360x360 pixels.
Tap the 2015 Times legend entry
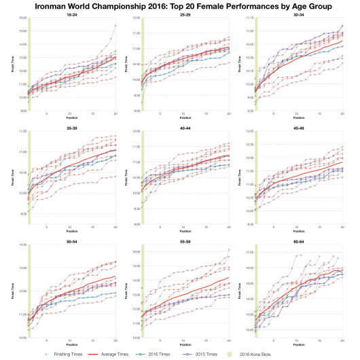coord(222,353)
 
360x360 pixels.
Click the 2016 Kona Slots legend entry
coord(275,353)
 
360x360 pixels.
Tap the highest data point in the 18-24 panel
coord(115,26)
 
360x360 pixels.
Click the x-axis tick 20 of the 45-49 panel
coord(342,227)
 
